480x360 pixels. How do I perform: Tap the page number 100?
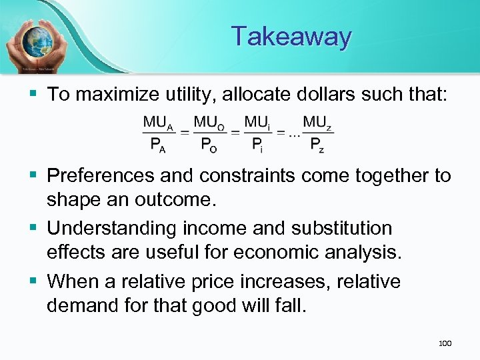click(x=445, y=343)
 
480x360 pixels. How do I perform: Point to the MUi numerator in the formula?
click(x=257, y=123)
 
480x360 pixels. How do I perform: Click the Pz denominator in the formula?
click(x=318, y=145)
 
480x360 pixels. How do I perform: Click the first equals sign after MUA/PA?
click(x=183, y=134)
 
